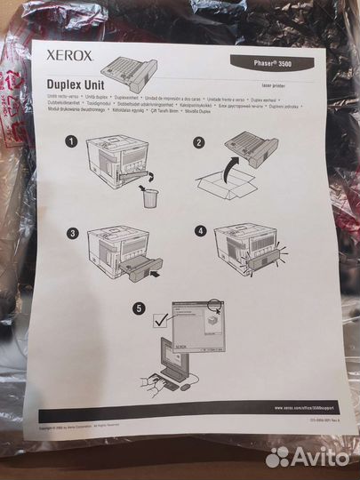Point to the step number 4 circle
(200, 233)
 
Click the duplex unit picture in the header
(132, 65)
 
